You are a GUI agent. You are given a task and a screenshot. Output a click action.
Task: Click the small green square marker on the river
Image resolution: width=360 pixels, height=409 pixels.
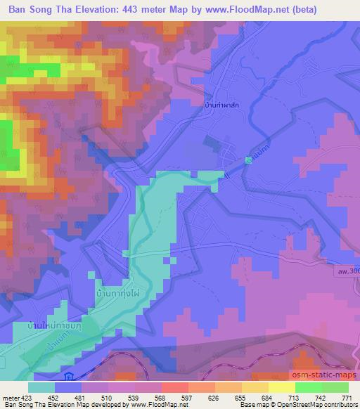248,160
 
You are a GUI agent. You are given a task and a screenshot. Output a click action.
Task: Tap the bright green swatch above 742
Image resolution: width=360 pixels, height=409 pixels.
309,387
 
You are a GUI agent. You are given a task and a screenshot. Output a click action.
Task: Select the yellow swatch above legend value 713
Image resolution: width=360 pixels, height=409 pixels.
282,387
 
